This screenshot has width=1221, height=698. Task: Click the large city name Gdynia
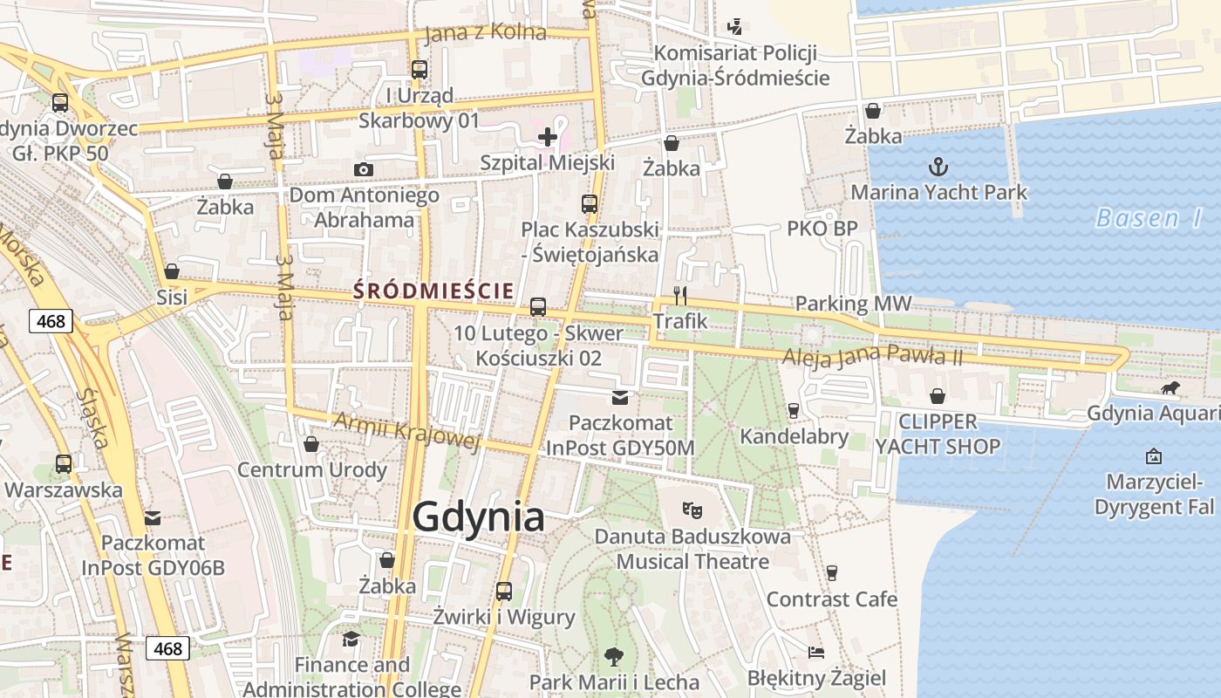click(x=478, y=517)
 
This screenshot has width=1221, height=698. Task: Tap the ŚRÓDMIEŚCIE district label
click(x=433, y=291)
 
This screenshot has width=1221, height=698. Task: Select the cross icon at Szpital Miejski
click(x=548, y=137)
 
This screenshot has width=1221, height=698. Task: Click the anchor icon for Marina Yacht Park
click(x=938, y=166)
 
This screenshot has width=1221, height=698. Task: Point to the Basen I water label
click(x=1148, y=218)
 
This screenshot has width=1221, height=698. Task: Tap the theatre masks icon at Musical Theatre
click(x=692, y=510)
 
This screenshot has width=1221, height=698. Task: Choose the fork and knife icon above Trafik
click(x=680, y=296)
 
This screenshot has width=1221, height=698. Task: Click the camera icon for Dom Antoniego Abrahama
click(x=364, y=169)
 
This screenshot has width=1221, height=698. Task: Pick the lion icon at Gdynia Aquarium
click(x=1170, y=388)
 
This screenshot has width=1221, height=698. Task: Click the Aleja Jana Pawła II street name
click(x=871, y=355)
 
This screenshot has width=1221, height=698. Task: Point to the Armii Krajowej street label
click(x=407, y=431)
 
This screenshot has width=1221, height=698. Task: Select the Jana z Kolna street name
click(x=485, y=33)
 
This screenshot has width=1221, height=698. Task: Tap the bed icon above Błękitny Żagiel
click(x=816, y=653)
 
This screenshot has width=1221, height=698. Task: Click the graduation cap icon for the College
click(x=351, y=640)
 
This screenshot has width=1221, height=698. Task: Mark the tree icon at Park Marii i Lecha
click(x=614, y=656)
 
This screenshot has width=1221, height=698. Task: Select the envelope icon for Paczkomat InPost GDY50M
click(x=620, y=398)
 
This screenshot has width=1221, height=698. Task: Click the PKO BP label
click(x=822, y=229)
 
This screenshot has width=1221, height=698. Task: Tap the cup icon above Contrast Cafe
click(x=831, y=572)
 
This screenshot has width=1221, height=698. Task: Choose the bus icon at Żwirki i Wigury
click(x=504, y=591)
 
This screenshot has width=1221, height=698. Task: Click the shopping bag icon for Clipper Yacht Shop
click(x=938, y=396)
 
